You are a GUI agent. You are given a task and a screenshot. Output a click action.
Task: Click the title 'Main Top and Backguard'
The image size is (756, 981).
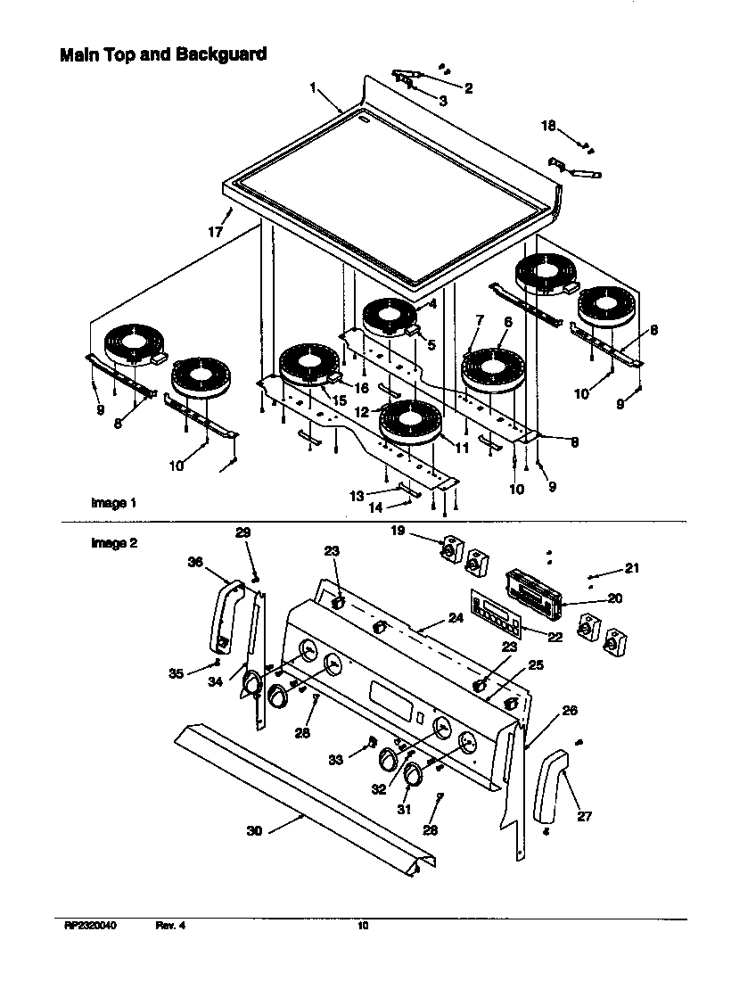(163, 54)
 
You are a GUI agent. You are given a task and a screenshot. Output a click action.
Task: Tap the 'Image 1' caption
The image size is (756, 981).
(113, 503)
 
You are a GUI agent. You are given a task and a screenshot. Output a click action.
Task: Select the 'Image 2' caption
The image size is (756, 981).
(113, 542)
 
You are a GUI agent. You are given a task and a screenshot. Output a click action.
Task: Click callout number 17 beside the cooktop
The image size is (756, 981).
(215, 232)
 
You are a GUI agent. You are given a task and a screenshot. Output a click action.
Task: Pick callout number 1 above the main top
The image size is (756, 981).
(314, 87)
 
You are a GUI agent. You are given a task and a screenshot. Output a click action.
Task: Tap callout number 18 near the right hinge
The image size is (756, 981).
(548, 126)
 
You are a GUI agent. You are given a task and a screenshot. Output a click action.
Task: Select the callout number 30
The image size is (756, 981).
(254, 830)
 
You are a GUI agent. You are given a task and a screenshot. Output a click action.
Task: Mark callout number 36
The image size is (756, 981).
(195, 562)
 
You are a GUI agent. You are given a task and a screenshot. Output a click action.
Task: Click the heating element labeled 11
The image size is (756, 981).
(410, 422)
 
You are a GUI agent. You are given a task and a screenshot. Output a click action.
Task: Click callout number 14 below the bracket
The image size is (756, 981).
(376, 507)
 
